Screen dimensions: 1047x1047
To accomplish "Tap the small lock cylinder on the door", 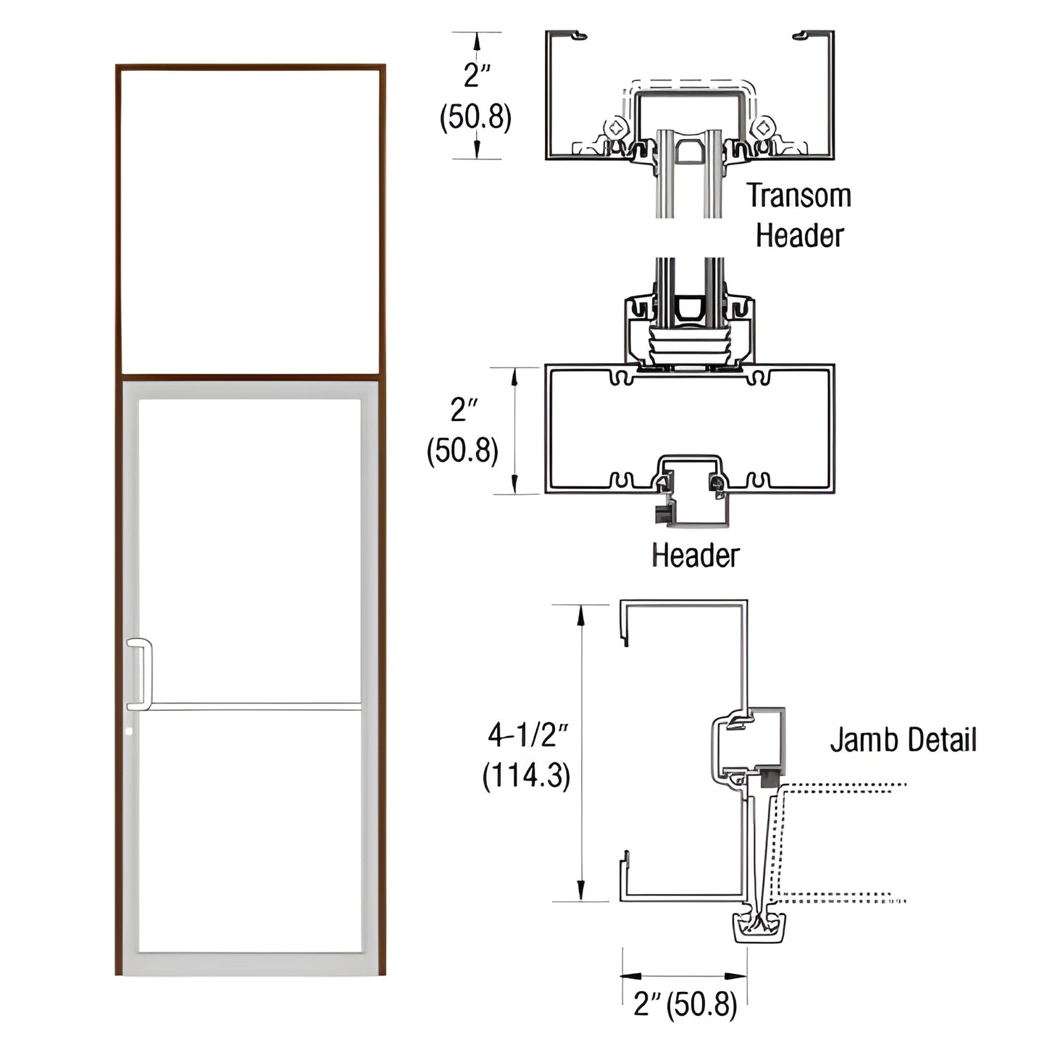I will point(128,732).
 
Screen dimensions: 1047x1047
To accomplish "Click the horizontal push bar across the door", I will point(254,705).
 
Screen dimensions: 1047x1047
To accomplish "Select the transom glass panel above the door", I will point(250,221).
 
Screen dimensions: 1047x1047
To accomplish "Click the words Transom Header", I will point(799,216).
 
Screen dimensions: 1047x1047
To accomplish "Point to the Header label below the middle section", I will point(695,556).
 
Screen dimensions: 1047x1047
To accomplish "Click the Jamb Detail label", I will point(903,741).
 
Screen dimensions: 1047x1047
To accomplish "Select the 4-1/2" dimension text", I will point(527,735).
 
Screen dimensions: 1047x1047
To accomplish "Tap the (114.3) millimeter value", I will point(527,776).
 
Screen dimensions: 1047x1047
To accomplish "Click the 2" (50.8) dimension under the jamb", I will point(685,1005).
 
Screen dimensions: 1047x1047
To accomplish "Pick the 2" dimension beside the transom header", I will point(477,75).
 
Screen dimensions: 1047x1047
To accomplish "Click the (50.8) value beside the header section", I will point(462,451).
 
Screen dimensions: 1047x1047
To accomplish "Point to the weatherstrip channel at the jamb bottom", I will point(759,927).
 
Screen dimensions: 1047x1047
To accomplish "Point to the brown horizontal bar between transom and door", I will point(250,377).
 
